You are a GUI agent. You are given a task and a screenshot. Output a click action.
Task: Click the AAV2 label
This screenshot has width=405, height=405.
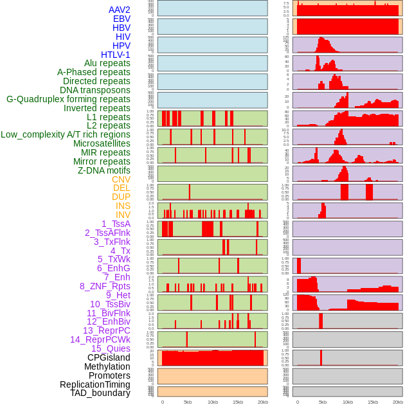tap(119, 10)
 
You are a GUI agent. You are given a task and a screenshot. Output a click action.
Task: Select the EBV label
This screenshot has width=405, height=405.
tap(121, 19)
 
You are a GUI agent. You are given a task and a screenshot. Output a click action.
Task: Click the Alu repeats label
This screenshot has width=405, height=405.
tap(107, 63)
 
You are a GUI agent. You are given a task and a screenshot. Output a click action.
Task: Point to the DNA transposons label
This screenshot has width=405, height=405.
tap(94, 90)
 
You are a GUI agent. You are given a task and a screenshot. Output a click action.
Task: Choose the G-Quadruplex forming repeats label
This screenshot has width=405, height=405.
tap(68, 99)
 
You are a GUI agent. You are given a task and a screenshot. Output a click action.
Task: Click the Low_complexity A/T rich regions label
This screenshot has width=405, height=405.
tap(65, 134)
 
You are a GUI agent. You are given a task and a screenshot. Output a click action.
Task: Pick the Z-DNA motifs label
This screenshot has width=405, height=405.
tap(104, 170)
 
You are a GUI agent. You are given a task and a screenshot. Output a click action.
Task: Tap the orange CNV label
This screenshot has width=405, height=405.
tap(121, 179)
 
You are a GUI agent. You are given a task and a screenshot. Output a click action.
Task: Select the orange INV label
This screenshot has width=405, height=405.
tap(122, 215)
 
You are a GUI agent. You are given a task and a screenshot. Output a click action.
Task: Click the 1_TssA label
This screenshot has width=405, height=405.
tap(116, 224)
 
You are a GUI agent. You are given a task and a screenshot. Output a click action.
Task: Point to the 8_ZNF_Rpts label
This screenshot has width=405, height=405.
tap(105, 286)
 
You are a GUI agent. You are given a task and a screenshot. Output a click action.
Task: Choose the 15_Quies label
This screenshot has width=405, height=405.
tap(110, 348)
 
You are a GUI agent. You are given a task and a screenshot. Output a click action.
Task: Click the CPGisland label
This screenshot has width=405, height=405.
tap(109, 357)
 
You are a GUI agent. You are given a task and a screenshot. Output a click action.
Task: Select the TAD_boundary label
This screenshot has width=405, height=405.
tap(100, 393)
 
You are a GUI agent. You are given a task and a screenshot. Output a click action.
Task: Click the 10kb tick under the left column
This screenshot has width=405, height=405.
tap(212, 402)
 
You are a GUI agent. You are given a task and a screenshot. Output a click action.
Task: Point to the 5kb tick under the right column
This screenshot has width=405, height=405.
tap(323, 402)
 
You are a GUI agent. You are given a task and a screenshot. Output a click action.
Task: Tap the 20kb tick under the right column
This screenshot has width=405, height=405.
tap(398, 402)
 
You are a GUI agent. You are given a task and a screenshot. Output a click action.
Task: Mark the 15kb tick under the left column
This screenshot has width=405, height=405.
tap(237, 402)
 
